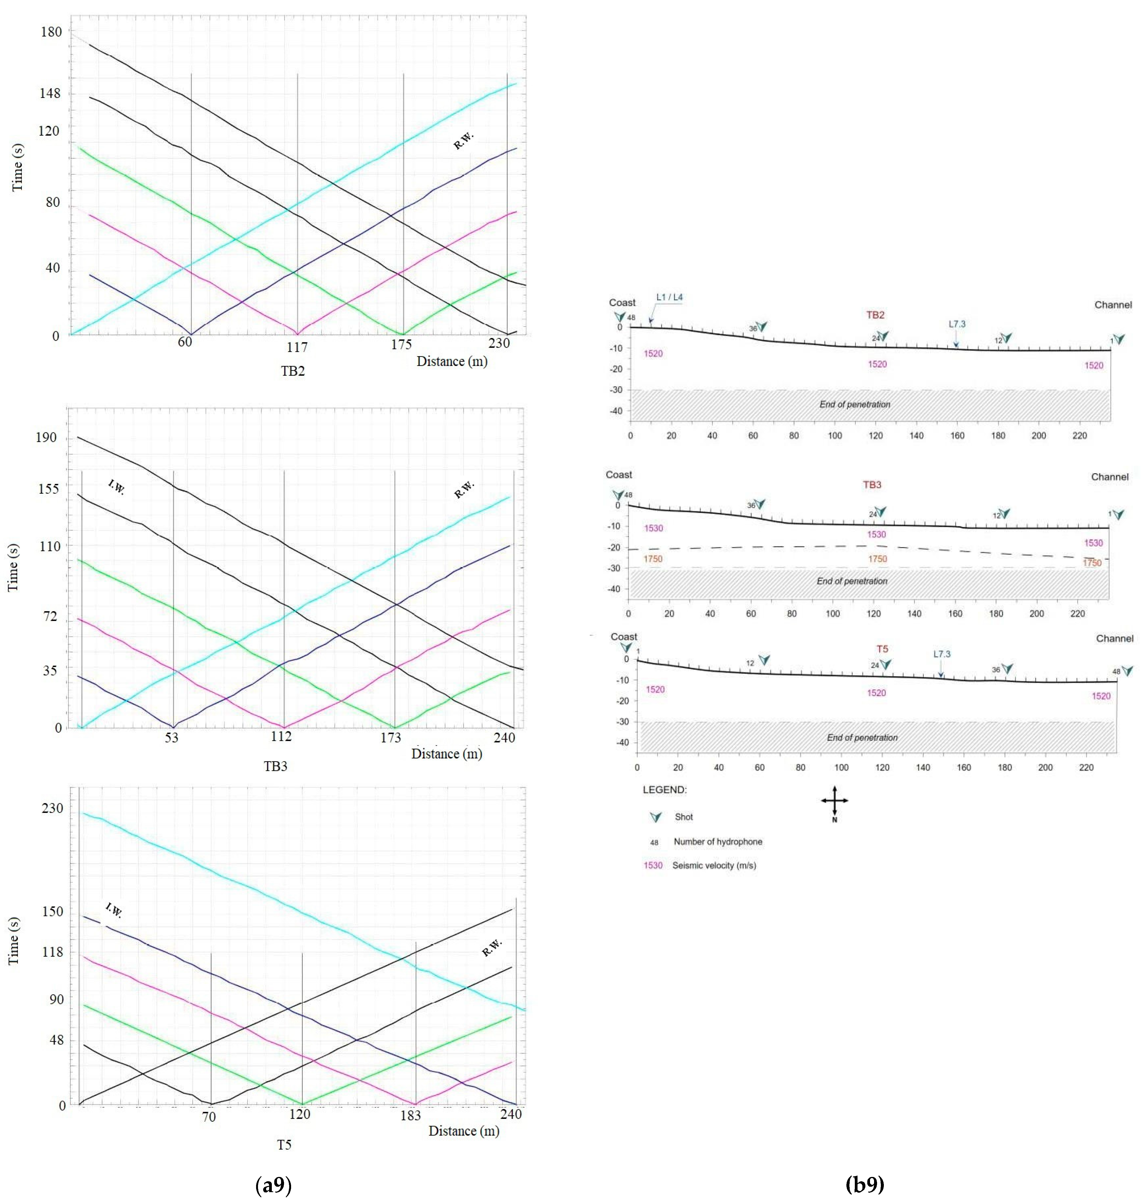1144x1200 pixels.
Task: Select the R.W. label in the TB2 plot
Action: (x=463, y=141)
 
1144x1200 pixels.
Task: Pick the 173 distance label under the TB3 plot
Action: (x=390, y=738)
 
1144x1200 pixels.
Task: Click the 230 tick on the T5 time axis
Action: (x=52, y=808)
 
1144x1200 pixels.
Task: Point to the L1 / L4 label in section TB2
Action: (x=669, y=298)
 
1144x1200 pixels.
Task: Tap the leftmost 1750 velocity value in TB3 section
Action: (x=652, y=558)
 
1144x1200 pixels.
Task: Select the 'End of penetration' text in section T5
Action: (x=862, y=737)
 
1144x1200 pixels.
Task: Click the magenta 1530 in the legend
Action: (x=652, y=865)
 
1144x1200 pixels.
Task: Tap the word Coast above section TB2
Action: (x=622, y=302)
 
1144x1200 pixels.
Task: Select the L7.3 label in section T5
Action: (x=942, y=654)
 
